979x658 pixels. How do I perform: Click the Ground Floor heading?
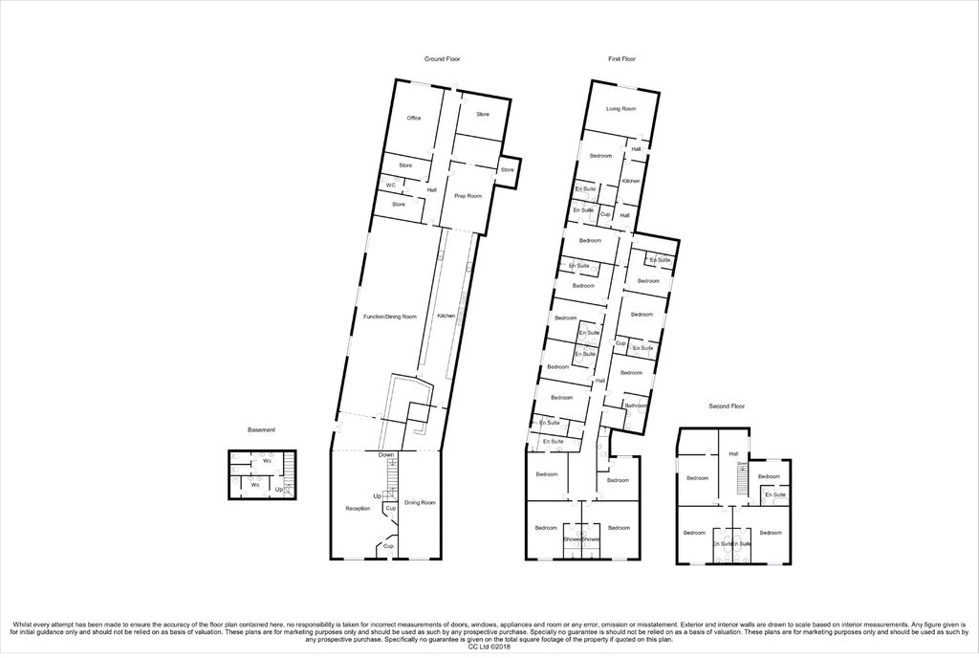pos(443,59)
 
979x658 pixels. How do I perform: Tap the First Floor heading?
pos(622,59)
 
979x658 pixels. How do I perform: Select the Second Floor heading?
pos(727,406)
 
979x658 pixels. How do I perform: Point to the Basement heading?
pos(261,429)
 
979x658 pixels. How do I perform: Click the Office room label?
pos(414,118)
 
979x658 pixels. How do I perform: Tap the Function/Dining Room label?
pos(390,316)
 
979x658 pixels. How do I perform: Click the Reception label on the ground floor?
pos(358,508)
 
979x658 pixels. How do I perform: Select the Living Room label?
pos(622,109)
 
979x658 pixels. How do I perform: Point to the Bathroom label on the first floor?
pos(637,406)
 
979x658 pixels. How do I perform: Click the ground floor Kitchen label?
pos(446,316)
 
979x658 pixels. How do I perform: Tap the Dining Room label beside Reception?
pos(420,502)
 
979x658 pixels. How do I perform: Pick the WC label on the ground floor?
pos(391,185)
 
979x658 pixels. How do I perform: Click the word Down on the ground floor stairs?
pos(385,455)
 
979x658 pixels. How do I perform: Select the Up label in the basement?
pos(278,490)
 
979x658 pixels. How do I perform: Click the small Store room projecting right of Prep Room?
pos(508,170)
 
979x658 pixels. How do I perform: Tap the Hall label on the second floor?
pos(734,454)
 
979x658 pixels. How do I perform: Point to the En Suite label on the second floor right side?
pos(774,494)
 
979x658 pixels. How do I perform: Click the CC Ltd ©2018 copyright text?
pos(489,647)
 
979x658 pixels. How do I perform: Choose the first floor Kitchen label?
pos(631,181)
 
